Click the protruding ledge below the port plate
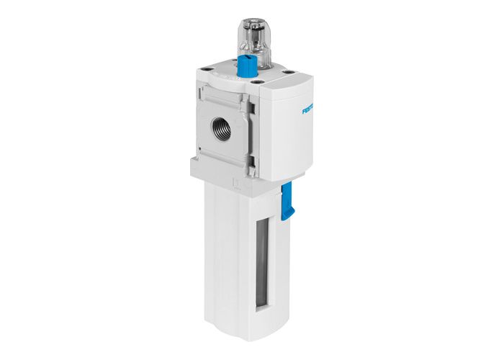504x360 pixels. [216, 167]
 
